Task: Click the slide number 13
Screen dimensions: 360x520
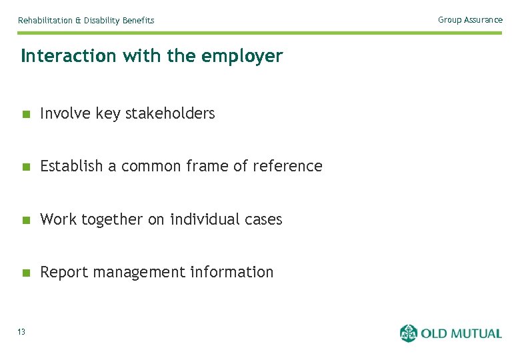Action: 21,332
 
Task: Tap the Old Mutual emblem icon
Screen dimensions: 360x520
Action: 408,333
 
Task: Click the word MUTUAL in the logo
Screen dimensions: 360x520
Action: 475,333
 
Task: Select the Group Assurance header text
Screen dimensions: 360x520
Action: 470,20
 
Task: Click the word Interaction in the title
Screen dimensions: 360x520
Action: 69,56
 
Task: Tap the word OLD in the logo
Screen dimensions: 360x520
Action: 433,333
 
